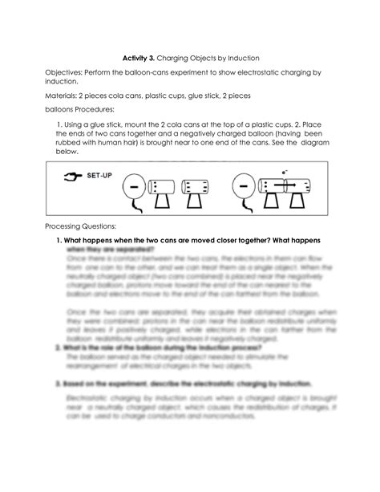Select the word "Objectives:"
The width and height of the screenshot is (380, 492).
point(66,73)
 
